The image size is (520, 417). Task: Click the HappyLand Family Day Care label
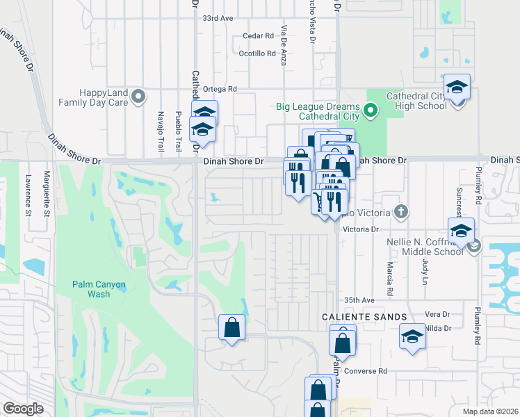coord(94,97)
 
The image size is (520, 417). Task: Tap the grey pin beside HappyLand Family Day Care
coord(139,96)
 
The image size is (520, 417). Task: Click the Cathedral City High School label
coord(416,101)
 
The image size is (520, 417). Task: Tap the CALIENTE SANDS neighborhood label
coord(364,317)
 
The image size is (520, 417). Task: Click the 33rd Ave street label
coord(217,19)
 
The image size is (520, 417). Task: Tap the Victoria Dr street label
coord(360,229)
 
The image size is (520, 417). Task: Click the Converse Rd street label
coord(364,371)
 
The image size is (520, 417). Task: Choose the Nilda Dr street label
coord(438,328)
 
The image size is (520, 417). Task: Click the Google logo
coord(23,409)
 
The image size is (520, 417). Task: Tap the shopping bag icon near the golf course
coord(231,328)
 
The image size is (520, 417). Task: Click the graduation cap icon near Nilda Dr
coord(412,338)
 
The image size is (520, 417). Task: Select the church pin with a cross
coord(400,211)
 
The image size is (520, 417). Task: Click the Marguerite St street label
coord(47,193)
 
